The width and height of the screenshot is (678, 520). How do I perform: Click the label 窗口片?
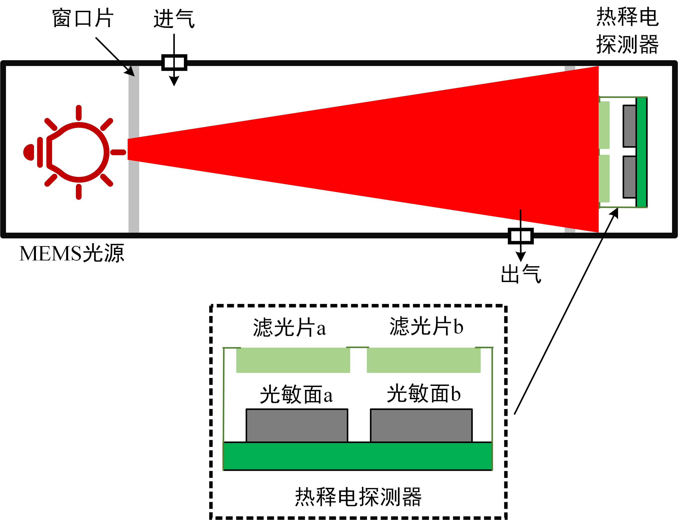[x=83, y=19]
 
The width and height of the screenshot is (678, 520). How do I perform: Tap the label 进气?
[x=174, y=19]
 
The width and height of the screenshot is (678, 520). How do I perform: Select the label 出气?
[x=521, y=274]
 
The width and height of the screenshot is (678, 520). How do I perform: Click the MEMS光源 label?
[x=72, y=254]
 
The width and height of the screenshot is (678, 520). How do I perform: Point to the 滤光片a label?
[x=289, y=327]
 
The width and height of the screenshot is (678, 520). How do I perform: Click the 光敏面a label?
[x=296, y=395]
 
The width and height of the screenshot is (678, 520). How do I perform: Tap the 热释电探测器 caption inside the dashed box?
[x=358, y=497]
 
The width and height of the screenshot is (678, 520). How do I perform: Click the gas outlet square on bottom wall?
[x=521, y=236]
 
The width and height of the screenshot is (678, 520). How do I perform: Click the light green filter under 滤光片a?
[x=293, y=360]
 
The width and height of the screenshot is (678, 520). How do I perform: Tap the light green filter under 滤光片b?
[x=423, y=360]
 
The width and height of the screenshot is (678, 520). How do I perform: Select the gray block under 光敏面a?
[x=297, y=426]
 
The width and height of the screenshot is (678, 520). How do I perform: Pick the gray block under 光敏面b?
[x=421, y=426]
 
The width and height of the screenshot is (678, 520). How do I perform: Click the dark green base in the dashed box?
[x=357, y=456]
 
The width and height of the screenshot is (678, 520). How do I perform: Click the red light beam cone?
[x=402, y=149]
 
